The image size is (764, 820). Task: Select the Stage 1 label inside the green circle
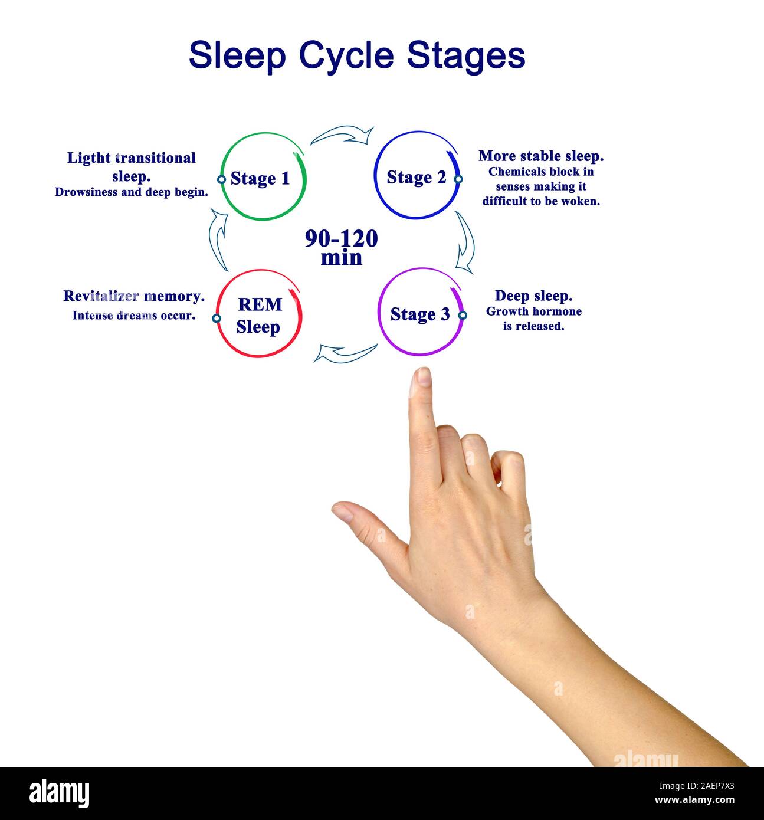(x=260, y=178)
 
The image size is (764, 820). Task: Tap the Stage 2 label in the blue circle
(x=416, y=177)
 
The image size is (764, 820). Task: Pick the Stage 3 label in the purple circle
(x=419, y=314)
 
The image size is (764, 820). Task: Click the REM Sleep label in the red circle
(x=259, y=316)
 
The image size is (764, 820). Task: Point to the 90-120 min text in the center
(x=341, y=248)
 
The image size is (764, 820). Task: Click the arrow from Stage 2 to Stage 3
(x=465, y=242)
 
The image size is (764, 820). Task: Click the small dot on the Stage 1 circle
(x=221, y=179)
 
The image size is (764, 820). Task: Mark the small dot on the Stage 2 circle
(x=458, y=179)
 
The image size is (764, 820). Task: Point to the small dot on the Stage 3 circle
(x=463, y=316)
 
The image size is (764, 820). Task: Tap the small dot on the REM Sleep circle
(x=217, y=319)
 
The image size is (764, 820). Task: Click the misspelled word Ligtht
(x=88, y=158)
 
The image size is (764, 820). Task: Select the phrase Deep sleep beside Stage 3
(x=533, y=296)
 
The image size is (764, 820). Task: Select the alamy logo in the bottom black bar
(x=59, y=792)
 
